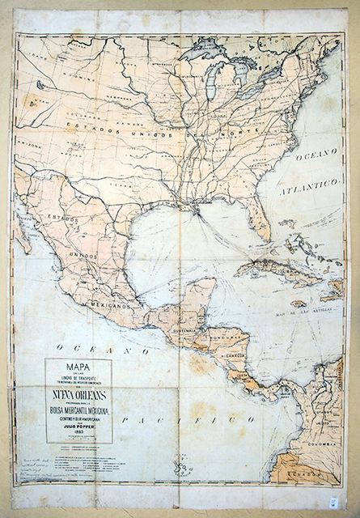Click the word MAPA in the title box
click(78, 367)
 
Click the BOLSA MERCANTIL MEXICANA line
click(78, 410)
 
